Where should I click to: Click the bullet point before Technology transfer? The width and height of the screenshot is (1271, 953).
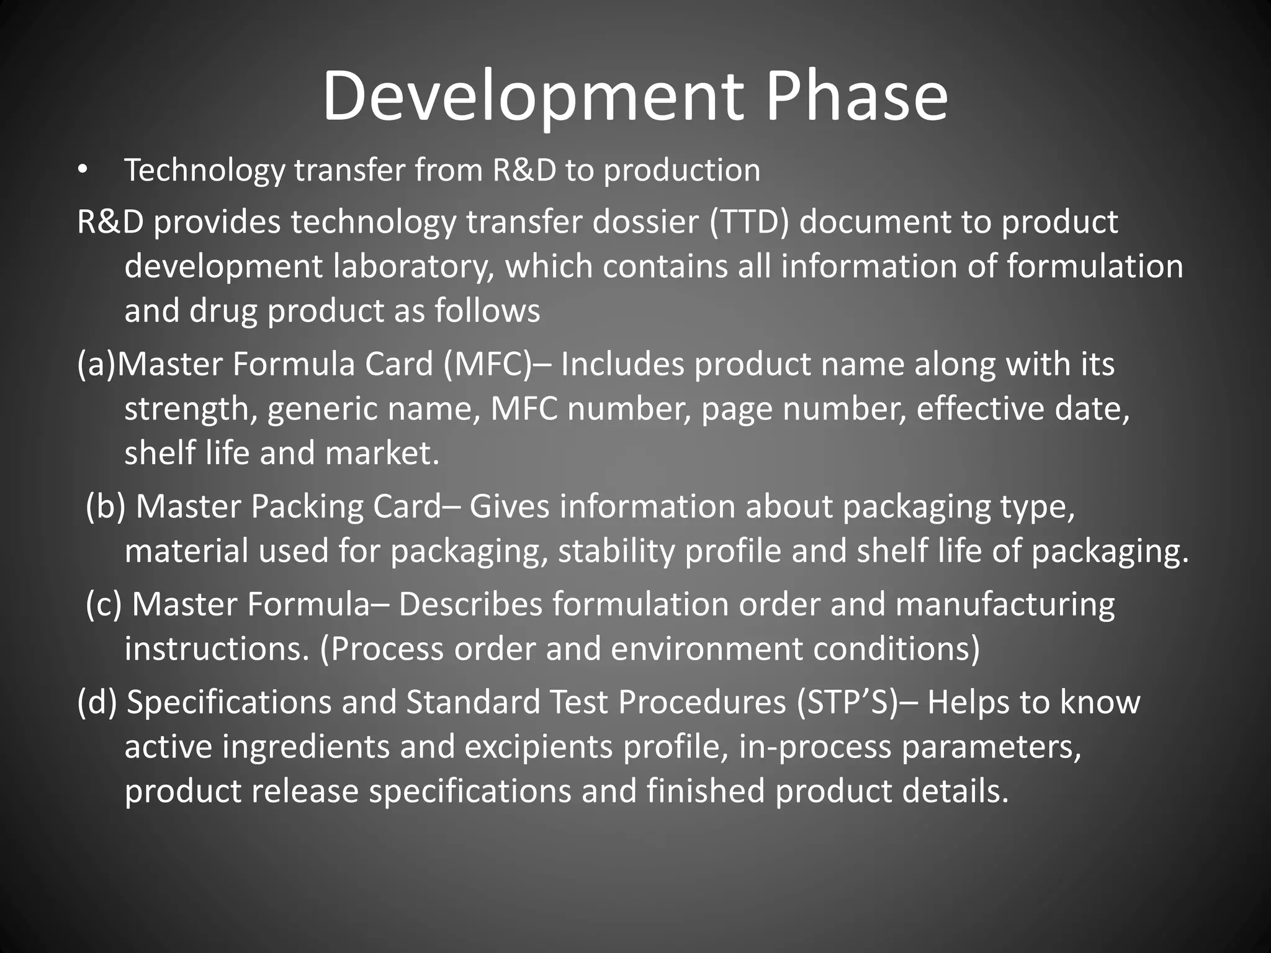coord(84,171)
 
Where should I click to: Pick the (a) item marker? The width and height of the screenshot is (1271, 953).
coord(96,364)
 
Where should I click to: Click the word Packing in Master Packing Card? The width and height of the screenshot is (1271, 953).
coord(307,507)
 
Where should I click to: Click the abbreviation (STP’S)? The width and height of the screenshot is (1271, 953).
coord(847,702)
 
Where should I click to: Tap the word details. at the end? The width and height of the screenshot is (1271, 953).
coord(955,792)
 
